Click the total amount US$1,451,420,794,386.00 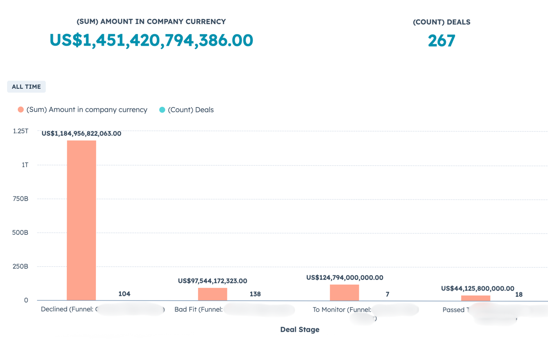click(x=151, y=40)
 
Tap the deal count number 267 click(x=441, y=41)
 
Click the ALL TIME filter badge click(x=26, y=87)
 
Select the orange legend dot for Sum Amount click(x=21, y=110)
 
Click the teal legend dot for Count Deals click(x=162, y=110)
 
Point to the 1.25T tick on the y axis click(x=21, y=131)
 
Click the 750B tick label click(x=21, y=199)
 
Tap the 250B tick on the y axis click(x=21, y=266)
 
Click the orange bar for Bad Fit click(x=212, y=294)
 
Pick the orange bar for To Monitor click(x=344, y=293)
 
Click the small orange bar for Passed click(x=475, y=298)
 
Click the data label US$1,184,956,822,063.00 click(x=81, y=133)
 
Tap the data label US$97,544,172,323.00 click(x=212, y=281)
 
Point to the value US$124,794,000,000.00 click(x=345, y=278)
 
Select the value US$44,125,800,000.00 click(x=477, y=288)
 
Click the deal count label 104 click(x=124, y=294)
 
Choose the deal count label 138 click(x=255, y=294)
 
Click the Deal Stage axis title click(x=300, y=330)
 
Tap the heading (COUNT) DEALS click(x=441, y=22)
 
